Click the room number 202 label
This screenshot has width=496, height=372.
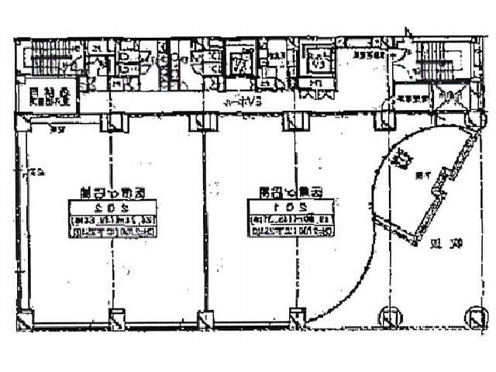(x=112, y=207)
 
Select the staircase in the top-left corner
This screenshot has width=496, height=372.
(x=48, y=58)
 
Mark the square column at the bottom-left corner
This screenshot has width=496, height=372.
(x=26, y=319)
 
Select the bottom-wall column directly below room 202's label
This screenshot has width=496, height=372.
(x=115, y=319)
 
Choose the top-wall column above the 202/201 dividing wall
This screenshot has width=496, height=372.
(x=199, y=122)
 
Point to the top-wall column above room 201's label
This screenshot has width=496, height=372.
(x=291, y=121)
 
